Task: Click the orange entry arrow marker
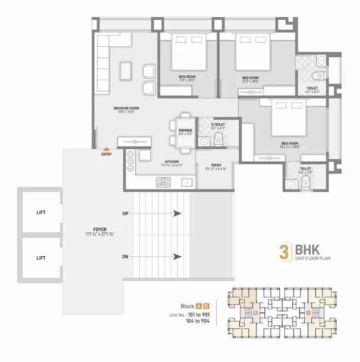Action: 107,148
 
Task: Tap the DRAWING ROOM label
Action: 126,108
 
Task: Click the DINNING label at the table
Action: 185,130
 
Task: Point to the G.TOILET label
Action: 218,124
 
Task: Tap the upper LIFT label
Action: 41,213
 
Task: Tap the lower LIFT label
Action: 41,258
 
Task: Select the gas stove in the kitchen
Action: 162,182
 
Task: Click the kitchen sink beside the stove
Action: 185,182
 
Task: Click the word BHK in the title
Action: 304,251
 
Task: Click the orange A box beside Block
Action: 200,306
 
